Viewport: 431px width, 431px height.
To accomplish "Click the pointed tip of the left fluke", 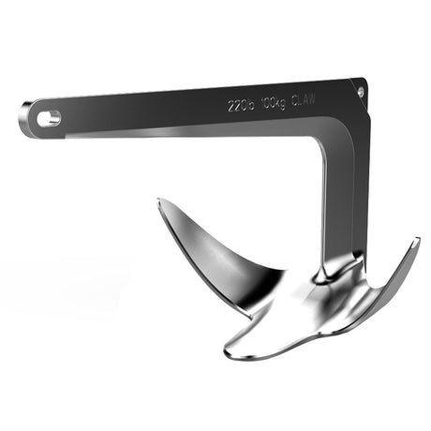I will click(159, 201).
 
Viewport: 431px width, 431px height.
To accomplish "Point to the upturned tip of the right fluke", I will click(416, 242).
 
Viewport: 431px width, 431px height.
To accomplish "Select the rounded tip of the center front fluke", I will click(230, 350).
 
